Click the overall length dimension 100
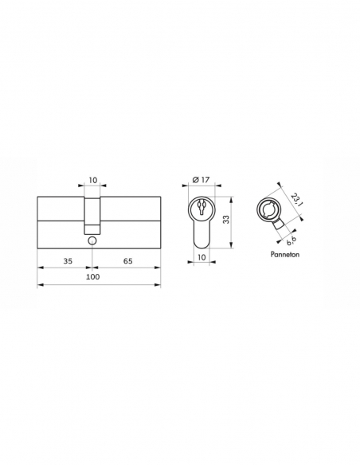pos(92,276)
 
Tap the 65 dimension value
pos(127,260)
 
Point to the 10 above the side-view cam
pos(92,182)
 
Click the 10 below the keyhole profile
pos(203,256)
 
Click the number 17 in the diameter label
pos(207,181)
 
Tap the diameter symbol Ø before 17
pos(196,181)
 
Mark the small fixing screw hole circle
pos(92,240)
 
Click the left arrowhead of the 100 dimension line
pos(40,284)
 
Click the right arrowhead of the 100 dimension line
pos(159,284)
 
